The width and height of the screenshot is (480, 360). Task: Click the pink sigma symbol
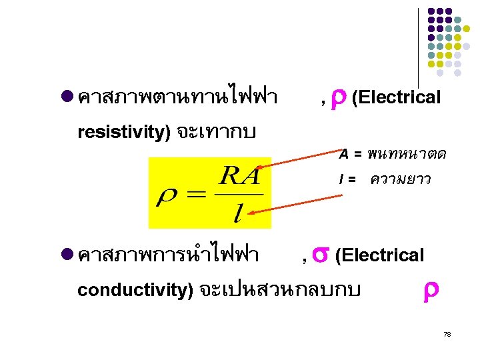319,254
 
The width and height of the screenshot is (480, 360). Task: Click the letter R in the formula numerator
230,178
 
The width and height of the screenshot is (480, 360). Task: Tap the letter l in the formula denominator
238,213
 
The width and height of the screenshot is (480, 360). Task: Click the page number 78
447,333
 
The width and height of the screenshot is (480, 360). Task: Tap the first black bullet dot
66,97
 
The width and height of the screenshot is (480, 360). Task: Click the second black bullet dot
66,254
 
